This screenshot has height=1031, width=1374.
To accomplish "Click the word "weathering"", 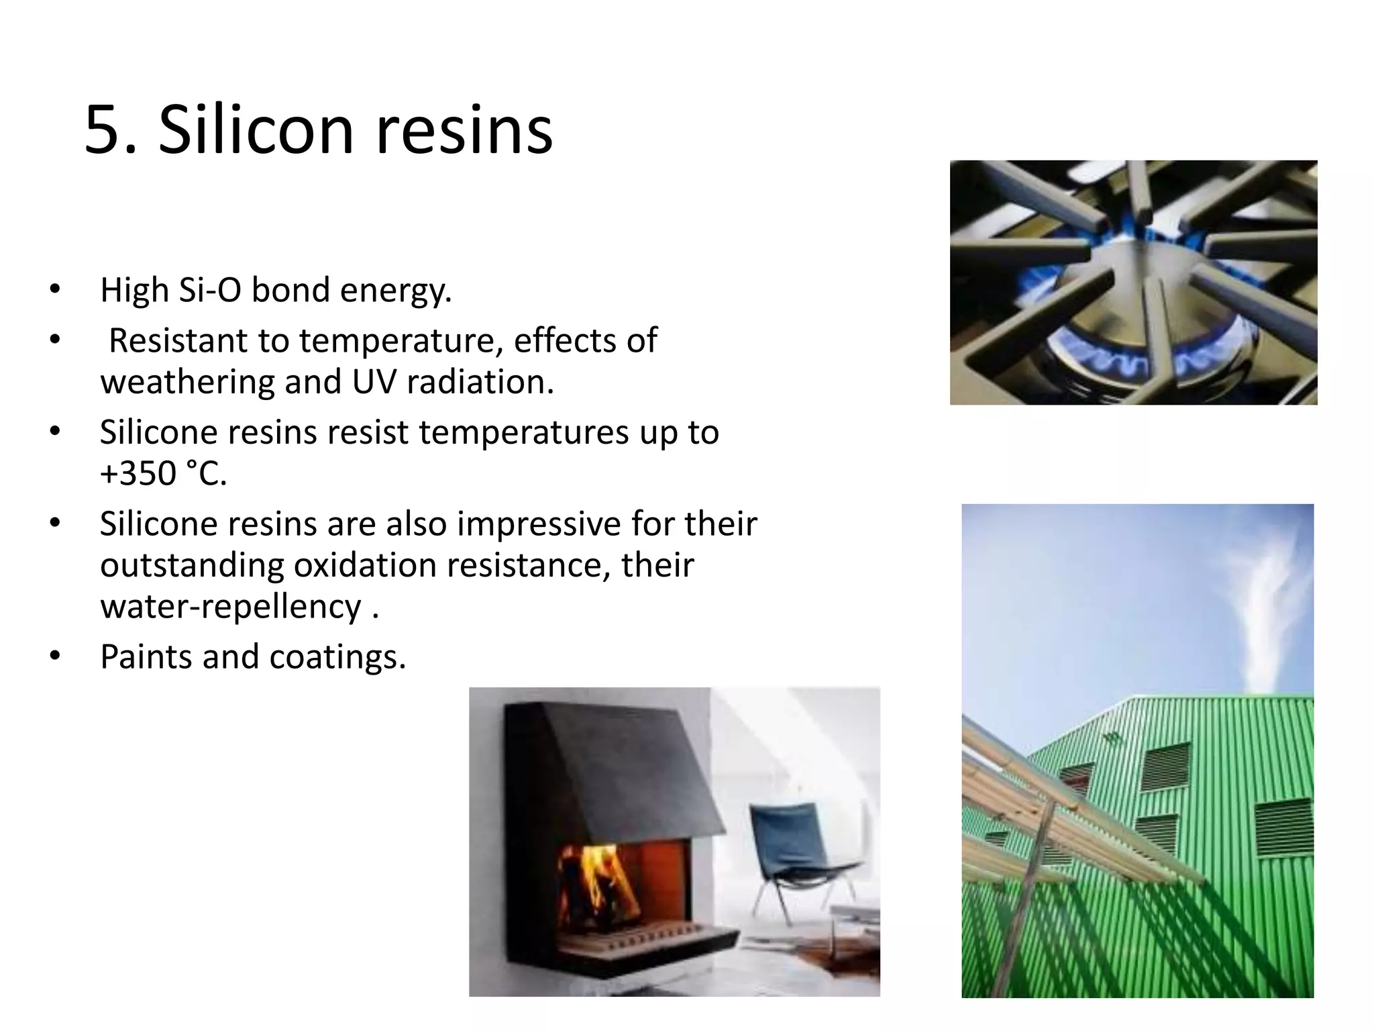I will pos(187,382).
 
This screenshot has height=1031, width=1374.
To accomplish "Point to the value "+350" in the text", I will pos(138,473).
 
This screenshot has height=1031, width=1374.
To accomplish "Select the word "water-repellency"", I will pos(231,607).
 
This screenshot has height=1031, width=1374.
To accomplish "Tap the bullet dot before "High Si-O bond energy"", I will pos(55,291).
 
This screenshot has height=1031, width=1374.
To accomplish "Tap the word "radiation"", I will pos(480,382).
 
